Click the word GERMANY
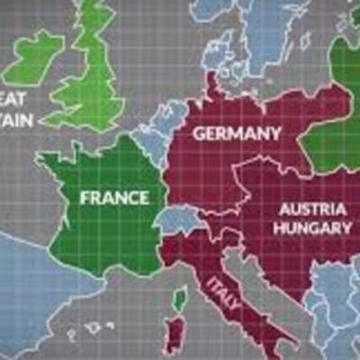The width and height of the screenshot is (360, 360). pos(237,134)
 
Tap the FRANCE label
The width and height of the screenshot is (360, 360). pos(113,195)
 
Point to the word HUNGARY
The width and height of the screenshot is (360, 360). pos(312,228)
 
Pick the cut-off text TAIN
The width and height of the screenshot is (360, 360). pos(18,118)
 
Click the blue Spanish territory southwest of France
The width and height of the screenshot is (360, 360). pos(36,288)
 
